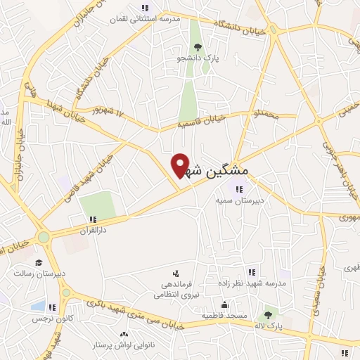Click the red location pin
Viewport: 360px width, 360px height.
[181, 165]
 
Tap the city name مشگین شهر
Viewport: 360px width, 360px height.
[219, 171]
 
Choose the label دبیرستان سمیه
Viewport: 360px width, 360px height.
[239, 200]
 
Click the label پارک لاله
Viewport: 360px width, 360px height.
[269, 326]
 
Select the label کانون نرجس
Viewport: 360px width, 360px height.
[46, 319]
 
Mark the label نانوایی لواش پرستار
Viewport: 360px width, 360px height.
[124, 346]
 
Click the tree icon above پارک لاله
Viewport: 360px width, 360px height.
[268, 315]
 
